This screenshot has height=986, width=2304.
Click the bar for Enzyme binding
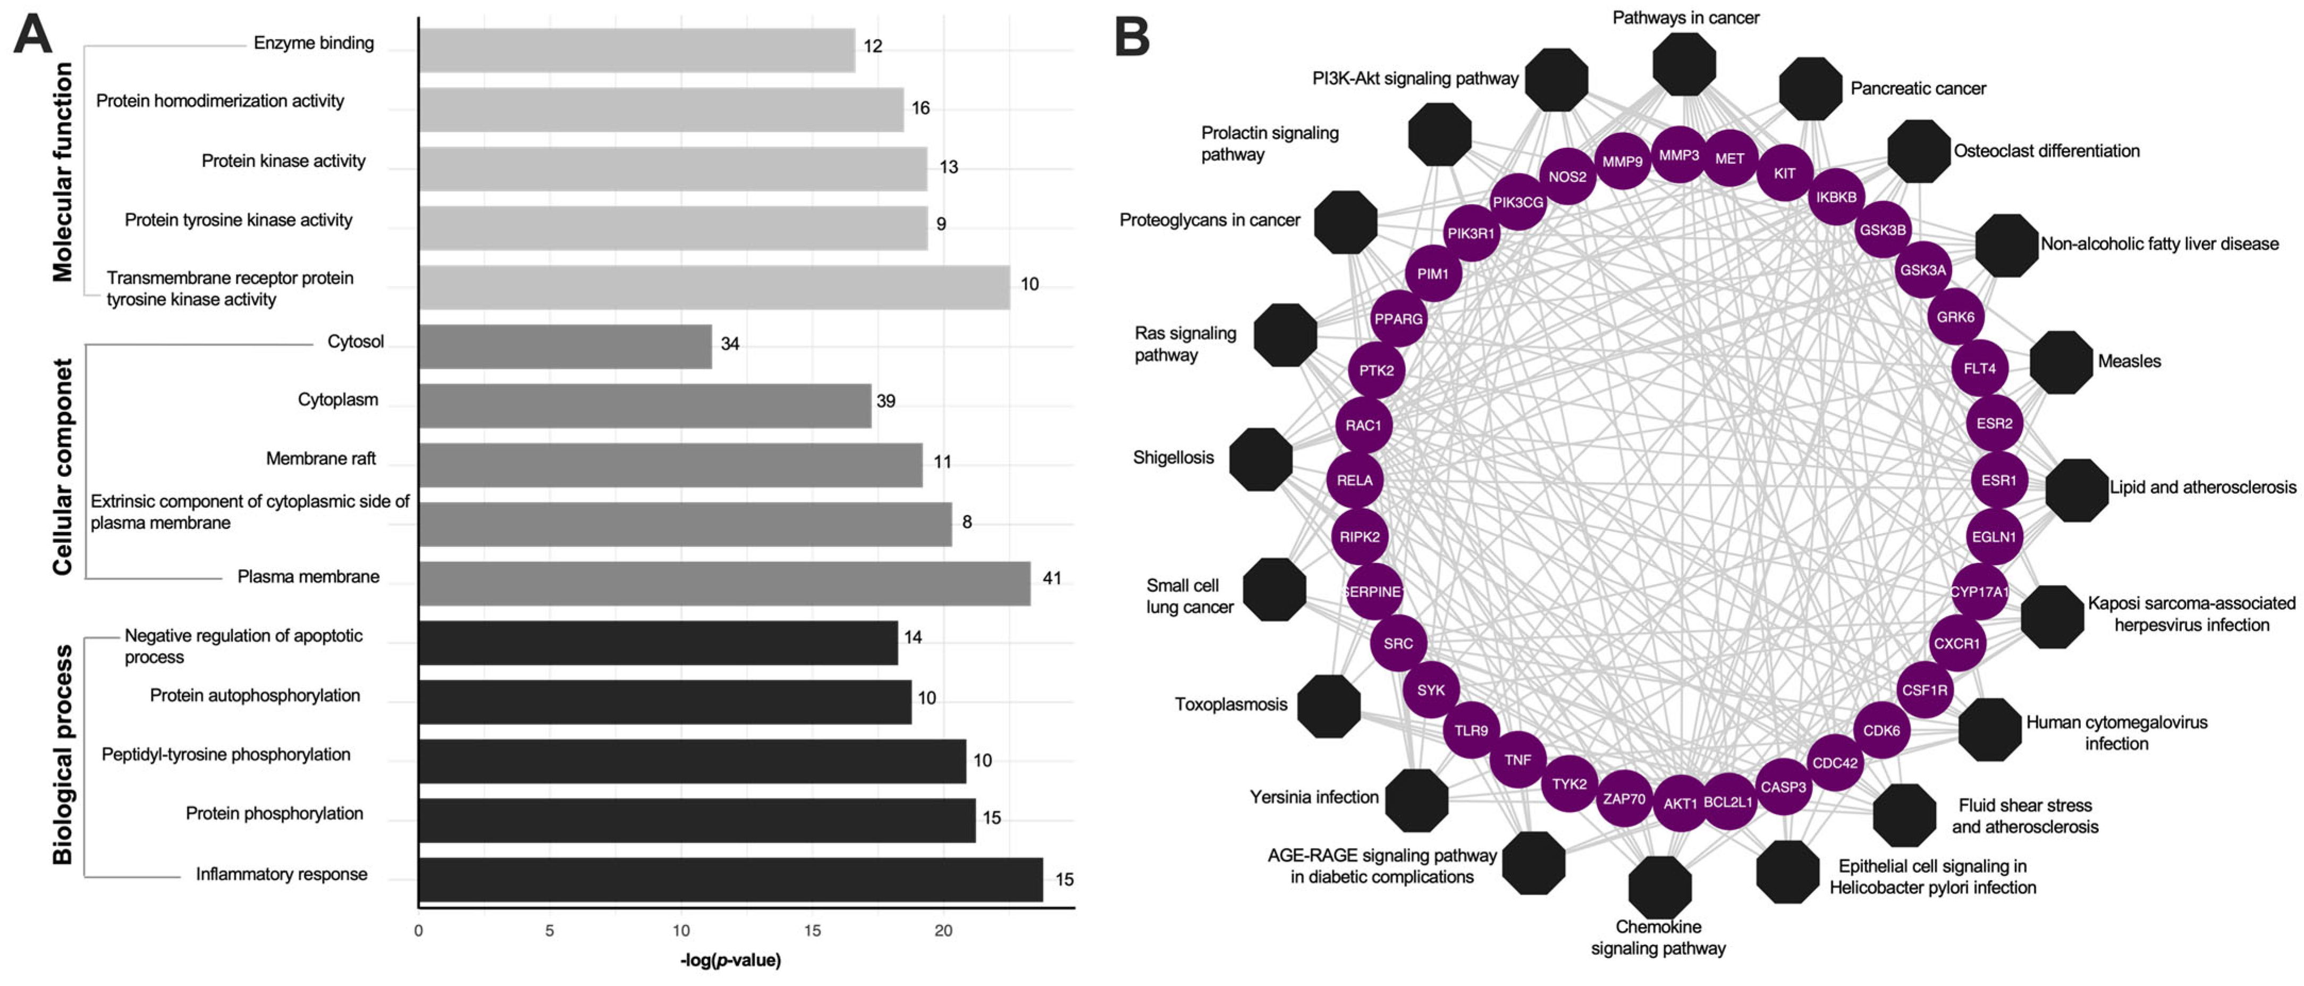tap(636, 50)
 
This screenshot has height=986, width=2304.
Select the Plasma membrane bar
tap(724, 584)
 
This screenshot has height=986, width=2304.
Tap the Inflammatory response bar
tap(730, 880)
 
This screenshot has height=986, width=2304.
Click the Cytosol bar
tap(566, 346)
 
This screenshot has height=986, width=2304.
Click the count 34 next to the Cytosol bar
tap(730, 343)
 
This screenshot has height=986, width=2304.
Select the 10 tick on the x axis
tap(681, 931)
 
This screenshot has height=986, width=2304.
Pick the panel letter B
tap(1132, 38)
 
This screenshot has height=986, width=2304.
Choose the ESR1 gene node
tap(1998, 481)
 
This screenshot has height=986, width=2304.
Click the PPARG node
tap(1398, 318)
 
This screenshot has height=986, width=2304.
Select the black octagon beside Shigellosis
tap(1260, 459)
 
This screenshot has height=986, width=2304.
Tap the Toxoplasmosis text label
tap(1231, 705)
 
